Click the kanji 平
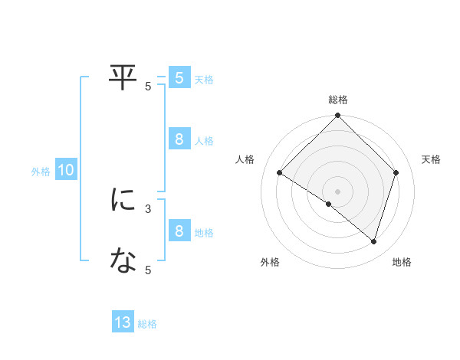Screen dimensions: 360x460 pos(123,77)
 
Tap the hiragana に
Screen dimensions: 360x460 pos(123,200)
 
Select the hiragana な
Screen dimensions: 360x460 pos(123,261)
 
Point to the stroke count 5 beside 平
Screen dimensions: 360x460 pos(148,87)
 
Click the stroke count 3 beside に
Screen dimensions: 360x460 pos(148,208)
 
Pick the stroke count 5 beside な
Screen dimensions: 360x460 pos(148,270)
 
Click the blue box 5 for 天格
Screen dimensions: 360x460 pos(179,78)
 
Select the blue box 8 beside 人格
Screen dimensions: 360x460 pos(179,139)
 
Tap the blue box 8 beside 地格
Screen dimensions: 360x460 pos(179,231)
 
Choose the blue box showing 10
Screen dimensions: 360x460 pos(65,171)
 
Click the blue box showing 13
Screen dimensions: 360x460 pos(123,323)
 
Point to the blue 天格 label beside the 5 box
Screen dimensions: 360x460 pos(204,80)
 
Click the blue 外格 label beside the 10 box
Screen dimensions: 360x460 pos(41,172)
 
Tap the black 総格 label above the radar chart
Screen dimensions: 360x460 pos(338,100)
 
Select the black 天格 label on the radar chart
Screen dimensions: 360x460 pos(431,159)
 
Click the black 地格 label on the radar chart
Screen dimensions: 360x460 pos(402,262)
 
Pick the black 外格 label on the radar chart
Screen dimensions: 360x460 pos(270,262)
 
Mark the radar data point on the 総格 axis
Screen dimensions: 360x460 pos(338,116)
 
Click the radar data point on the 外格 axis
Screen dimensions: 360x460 pos(328,205)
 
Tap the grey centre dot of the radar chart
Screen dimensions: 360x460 pos(338,191)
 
